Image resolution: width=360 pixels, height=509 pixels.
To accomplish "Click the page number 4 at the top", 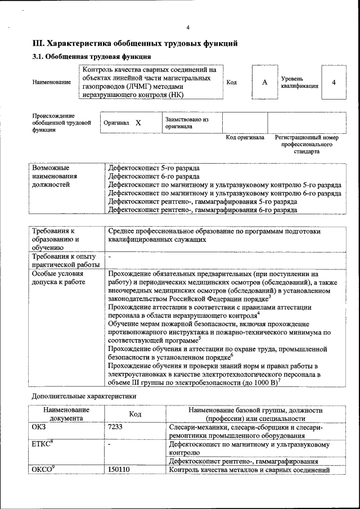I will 188,28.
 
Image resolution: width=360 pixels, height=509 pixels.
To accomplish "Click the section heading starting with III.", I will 135,43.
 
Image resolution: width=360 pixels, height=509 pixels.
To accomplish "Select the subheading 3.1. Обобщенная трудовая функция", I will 91,57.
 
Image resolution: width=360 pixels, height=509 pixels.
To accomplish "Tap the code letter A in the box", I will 264,83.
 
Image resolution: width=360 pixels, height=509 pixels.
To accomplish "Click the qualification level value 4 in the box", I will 334,83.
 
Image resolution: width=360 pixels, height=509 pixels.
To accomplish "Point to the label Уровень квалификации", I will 300,83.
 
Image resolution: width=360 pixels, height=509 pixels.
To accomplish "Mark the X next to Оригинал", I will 138,123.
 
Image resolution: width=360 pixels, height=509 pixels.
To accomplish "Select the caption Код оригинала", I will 245,137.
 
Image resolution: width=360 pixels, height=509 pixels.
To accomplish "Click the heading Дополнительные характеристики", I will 84,397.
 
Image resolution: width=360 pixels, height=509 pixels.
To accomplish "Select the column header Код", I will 135,414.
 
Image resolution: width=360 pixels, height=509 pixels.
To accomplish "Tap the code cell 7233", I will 115,427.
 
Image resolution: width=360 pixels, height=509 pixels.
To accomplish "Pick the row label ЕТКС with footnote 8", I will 43,444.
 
